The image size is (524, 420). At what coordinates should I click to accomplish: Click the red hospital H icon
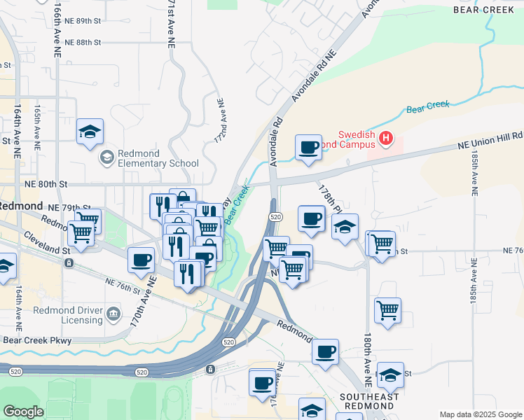pos(385,139)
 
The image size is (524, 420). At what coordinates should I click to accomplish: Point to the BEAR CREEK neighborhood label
pos(486,10)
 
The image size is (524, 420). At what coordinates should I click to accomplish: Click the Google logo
pos(23,412)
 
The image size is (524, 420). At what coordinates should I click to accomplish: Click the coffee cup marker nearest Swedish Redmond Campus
pos(308,147)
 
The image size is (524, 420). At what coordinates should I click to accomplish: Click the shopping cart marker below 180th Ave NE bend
pos(387,309)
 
